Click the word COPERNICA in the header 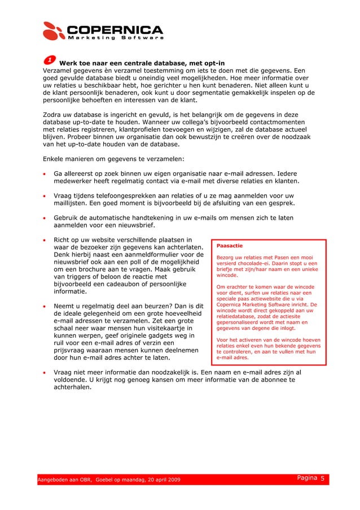(116, 29)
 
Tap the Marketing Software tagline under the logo (116, 38)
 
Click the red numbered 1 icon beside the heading (50, 60)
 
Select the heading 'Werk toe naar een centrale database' (142, 62)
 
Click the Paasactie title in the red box (230, 246)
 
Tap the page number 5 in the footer (322, 478)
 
